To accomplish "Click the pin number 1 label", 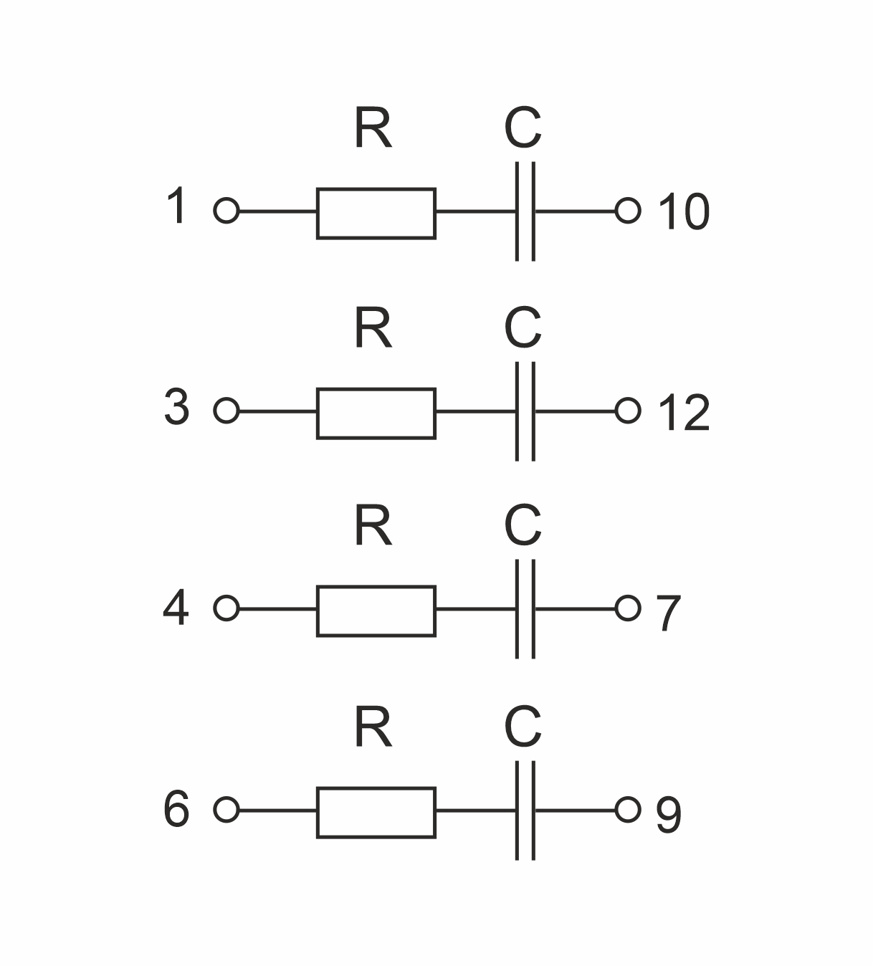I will click(176, 206).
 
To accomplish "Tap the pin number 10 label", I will click(683, 212).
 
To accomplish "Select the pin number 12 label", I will click(683, 413).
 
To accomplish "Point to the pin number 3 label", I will click(176, 408).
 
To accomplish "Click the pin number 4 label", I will click(176, 608).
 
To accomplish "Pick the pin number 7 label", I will click(668, 613).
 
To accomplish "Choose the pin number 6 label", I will click(176, 810).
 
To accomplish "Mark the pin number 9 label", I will click(668, 816).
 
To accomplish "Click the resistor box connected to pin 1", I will click(376, 213).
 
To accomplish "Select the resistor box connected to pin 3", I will click(376, 413).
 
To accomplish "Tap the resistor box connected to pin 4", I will click(376, 611).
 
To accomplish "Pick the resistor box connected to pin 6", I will click(376, 812).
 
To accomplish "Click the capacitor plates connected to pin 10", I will click(525, 211).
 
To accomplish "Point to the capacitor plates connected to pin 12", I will click(525, 411).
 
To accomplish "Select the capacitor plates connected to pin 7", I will click(525, 609).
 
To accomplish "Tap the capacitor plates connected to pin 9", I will click(525, 810).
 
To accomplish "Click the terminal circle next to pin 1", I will click(226, 211).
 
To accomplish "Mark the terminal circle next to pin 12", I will click(628, 411).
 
